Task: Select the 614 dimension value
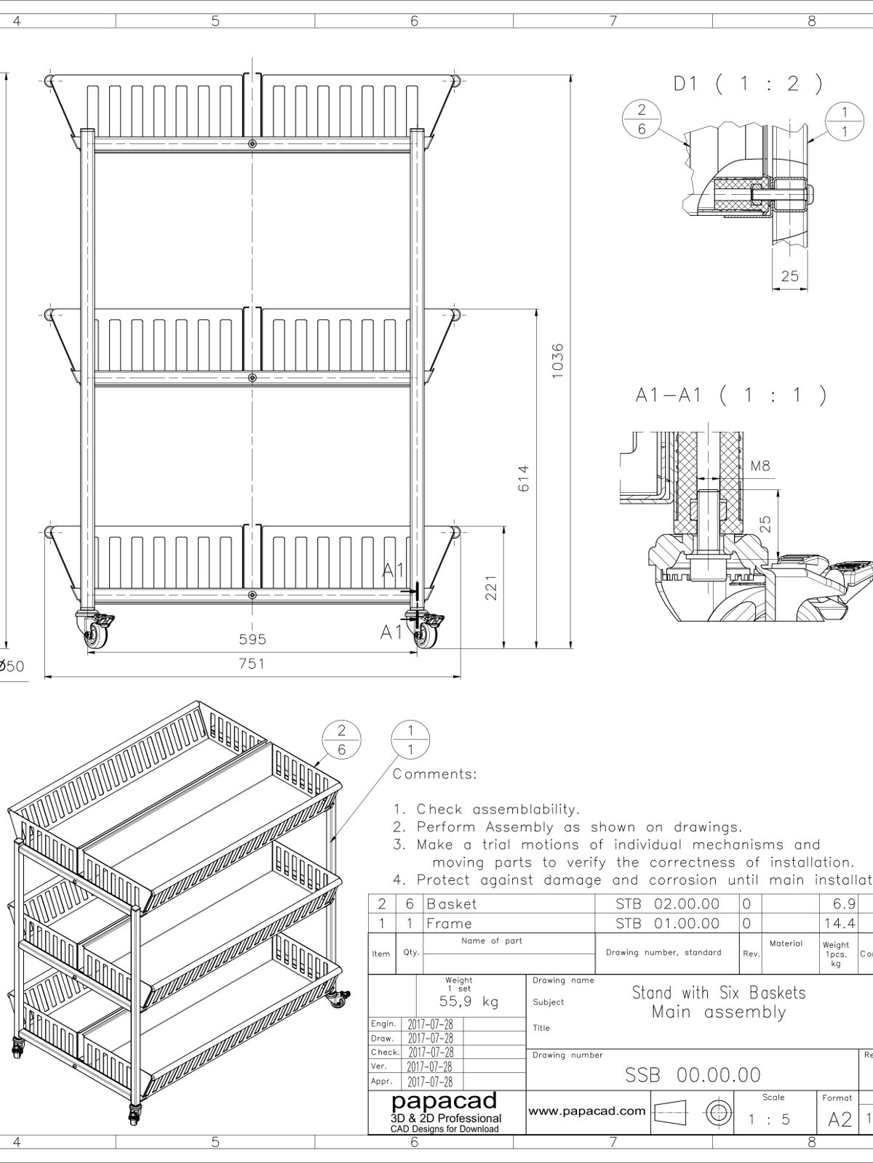(x=523, y=478)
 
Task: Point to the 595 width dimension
(x=252, y=640)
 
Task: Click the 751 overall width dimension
(x=252, y=664)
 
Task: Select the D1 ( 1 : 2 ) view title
(x=747, y=84)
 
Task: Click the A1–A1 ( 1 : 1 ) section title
(x=730, y=395)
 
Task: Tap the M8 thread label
(x=760, y=466)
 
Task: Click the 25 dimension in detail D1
(x=789, y=275)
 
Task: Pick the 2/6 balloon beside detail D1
(x=642, y=118)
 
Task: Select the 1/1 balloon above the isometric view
(x=410, y=739)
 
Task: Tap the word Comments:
(x=435, y=774)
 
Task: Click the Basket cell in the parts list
(x=452, y=904)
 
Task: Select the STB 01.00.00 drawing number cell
(x=667, y=923)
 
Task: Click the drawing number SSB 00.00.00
(x=693, y=1075)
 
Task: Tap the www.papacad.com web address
(x=586, y=1110)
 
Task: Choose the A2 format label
(x=840, y=1119)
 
